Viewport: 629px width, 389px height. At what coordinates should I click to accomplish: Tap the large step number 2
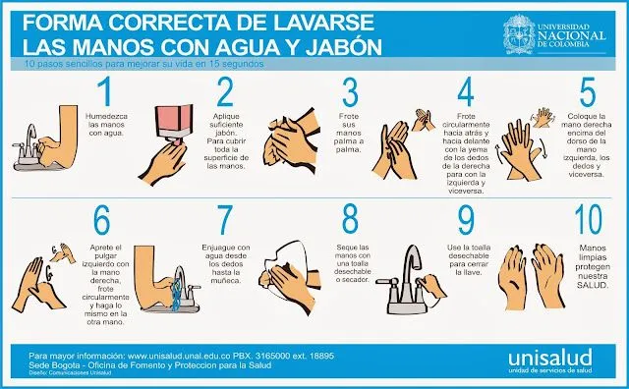click(225, 91)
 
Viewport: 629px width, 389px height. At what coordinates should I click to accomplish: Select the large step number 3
click(349, 91)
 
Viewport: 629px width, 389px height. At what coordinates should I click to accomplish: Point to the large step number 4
click(466, 91)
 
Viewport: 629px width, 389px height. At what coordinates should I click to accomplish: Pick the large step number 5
click(588, 91)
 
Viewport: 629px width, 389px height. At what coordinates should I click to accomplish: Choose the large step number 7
click(225, 219)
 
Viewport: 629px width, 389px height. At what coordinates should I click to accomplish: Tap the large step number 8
click(349, 219)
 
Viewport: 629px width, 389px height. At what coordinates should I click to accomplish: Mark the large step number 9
click(466, 219)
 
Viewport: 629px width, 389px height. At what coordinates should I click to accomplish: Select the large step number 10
click(587, 219)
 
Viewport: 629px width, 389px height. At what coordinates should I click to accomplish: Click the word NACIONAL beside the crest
click(575, 31)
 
